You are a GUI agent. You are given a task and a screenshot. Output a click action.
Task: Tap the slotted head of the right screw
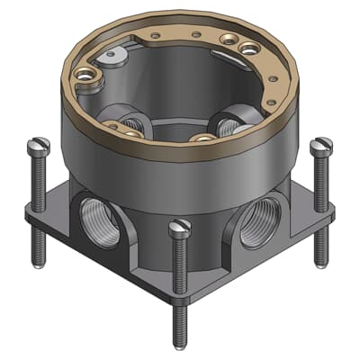(x=321, y=145)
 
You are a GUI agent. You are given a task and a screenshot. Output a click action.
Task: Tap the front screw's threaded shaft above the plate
(x=180, y=261)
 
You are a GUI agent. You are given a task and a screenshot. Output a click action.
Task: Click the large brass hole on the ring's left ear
(x=87, y=77)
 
